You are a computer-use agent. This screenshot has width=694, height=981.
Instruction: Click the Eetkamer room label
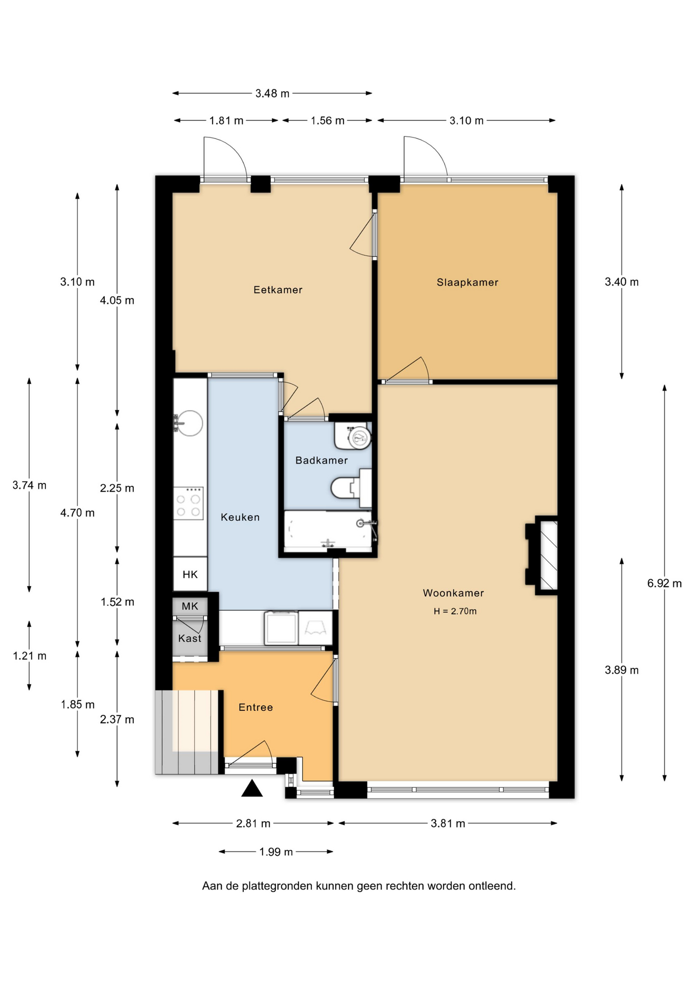point(278,290)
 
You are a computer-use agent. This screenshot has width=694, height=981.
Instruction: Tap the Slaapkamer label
point(467,282)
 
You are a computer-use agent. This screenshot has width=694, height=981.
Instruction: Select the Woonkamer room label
point(453,593)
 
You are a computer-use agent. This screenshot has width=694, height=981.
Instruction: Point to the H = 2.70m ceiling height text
point(455,611)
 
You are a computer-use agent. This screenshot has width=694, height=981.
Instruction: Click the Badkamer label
point(321,460)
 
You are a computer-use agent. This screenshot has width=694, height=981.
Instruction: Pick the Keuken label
point(240,517)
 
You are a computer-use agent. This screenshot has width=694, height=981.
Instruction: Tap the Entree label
point(256,707)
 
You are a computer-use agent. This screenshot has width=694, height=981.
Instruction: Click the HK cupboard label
point(190,574)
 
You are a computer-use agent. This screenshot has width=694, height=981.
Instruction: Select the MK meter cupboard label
point(190,606)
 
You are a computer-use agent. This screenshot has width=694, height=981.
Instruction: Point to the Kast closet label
point(190,638)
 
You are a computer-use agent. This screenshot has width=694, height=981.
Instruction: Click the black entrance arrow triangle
point(252,789)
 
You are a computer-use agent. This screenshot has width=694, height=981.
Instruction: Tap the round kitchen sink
point(189,423)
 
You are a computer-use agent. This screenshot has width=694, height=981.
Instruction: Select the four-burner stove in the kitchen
point(189,503)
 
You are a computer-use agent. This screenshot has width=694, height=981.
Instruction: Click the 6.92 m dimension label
point(664,583)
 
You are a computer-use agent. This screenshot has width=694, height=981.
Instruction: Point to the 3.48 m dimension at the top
point(272,93)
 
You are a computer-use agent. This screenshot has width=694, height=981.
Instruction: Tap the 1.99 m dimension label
point(276,852)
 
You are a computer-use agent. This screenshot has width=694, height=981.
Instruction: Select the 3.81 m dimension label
point(448,823)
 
